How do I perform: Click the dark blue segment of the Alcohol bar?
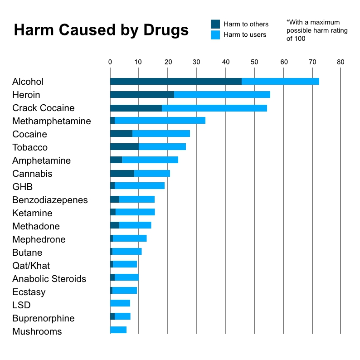(x=175, y=81)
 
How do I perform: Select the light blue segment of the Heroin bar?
(x=222, y=94)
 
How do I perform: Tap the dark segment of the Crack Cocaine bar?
(x=136, y=108)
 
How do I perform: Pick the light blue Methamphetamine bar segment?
(x=160, y=121)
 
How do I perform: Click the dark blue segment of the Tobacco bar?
(x=124, y=147)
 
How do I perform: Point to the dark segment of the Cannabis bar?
(x=122, y=173)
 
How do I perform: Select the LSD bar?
(x=120, y=303)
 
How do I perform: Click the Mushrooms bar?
(x=118, y=330)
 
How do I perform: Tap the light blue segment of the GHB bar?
(x=139, y=186)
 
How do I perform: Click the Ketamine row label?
(x=32, y=213)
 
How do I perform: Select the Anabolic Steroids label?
(x=49, y=279)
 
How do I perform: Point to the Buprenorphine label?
(x=43, y=318)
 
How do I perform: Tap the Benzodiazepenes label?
(x=50, y=200)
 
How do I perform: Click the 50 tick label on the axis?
(x=254, y=62)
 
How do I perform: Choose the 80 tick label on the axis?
(x=341, y=62)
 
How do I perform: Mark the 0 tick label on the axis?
(x=110, y=62)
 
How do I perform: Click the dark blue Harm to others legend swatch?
(x=215, y=24)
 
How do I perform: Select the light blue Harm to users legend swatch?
(x=215, y=34)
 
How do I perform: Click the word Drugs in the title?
(x=166, y=30)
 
